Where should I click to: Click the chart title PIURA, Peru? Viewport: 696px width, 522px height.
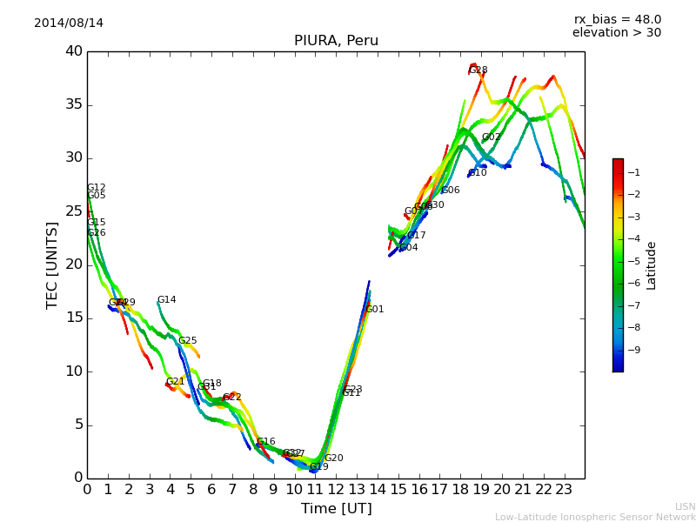pyautogui.click(x=336, y=41)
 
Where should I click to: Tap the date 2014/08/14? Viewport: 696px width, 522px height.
pyautogui.click(x=69, y=23)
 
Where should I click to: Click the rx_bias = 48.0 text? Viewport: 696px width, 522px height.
pyautogui.click(x=617, y=20)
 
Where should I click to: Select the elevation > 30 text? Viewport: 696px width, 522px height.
pyautogui.click(x=617, y=33)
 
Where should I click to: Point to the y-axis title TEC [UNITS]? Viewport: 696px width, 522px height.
pyautogui.click(x=52, y=265)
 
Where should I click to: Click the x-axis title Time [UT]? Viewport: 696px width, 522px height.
pyautogui.click(x=336, y=509)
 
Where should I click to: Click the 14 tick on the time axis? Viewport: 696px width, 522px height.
pyautogui.click(x=378, y=490)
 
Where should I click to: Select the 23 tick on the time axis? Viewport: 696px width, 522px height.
pyautogui.click(x=564, y=490)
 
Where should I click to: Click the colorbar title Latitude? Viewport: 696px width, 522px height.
pyautogui.click(x=651, y=265)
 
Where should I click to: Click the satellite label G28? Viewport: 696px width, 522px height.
pyautogui.click(x=478, y=70)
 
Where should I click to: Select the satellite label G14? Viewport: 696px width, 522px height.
pyautogui.click(x=166, y=300)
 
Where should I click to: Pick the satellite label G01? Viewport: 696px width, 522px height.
pyautogui.click(x=374, y=310)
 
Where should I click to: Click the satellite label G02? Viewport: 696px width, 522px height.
pyautogui.click(x=492, y=137)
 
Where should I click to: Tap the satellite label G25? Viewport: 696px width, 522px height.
pyautogui.click(x=187, y=341)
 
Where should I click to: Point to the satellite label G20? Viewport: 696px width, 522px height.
pyautogui.click(x=333, y=458)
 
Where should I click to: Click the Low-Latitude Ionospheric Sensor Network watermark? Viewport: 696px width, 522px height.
pyautogui.click(x=595, y=517)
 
